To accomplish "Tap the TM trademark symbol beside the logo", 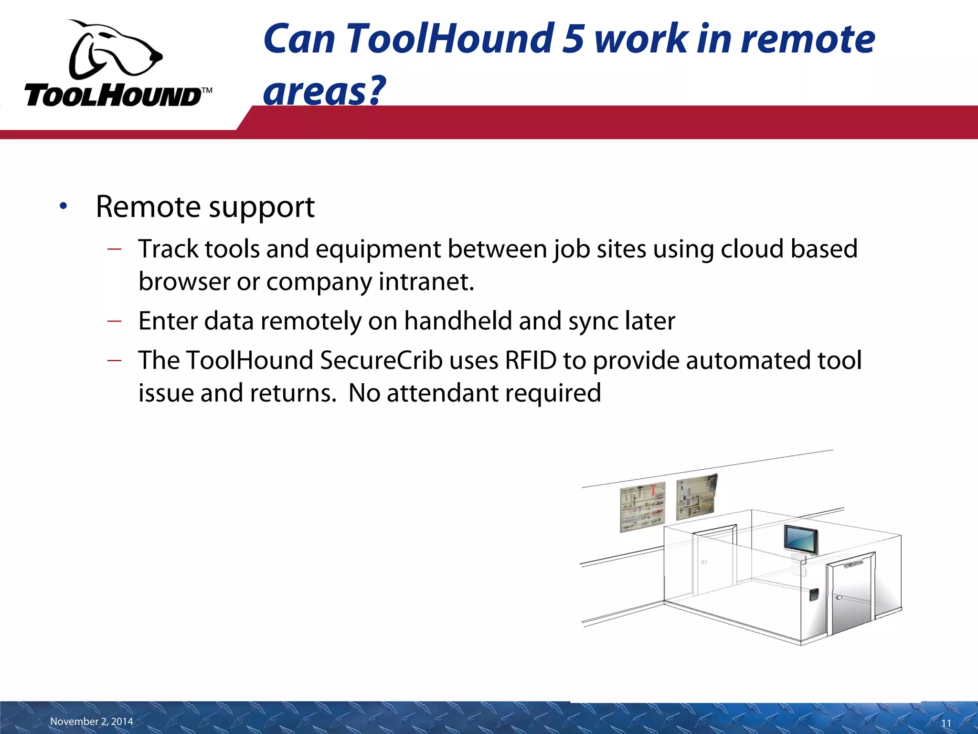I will tap(206, 90).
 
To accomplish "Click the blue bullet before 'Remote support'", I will tap(64, 206).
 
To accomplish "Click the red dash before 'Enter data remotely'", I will tap(115, 321).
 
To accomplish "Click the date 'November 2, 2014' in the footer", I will tap(92, 722).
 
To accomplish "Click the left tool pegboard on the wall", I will tap(642, 507).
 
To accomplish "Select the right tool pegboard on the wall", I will tap(697, 497).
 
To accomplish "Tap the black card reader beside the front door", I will tap(814, 595).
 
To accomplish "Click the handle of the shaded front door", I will tap(839, 598).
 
